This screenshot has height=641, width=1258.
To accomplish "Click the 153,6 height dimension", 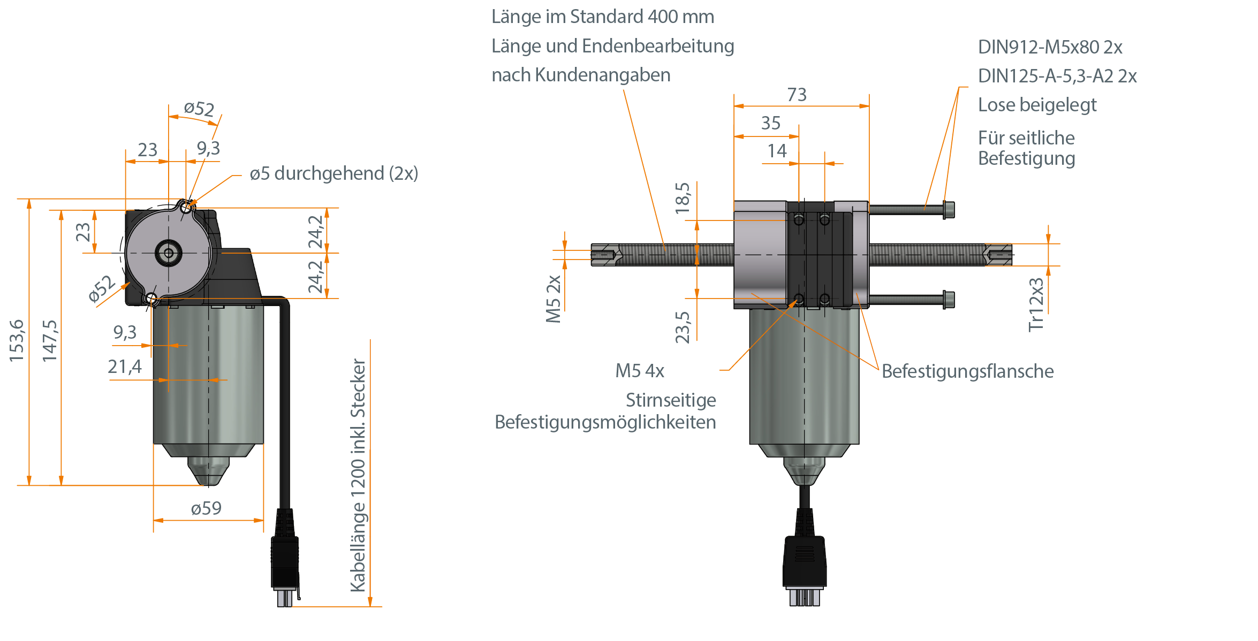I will (17, 340).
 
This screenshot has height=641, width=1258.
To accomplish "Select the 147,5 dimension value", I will (50, 340).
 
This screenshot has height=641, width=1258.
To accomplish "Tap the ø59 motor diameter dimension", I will (206, 508).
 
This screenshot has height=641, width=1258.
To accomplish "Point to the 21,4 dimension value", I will (125, 367).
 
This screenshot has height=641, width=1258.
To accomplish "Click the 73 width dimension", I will (797, 95).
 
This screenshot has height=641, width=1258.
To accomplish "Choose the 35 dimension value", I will (771, 124).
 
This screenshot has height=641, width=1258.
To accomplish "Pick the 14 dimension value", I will (777, 151).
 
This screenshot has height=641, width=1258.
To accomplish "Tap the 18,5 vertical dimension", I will (683, 198).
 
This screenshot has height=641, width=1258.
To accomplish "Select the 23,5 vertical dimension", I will (683, 327).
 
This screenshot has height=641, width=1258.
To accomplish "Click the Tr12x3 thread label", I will (1036, 305).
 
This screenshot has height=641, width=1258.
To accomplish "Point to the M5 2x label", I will (554, 299).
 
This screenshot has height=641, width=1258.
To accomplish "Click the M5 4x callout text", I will (640, 371).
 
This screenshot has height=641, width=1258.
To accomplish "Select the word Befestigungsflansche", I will (967, 371).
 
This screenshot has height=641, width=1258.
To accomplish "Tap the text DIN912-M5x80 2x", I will (1050, 48).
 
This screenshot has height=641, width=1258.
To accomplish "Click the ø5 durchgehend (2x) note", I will (334, 174).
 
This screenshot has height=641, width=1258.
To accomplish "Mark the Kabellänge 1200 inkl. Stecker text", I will (358, 475).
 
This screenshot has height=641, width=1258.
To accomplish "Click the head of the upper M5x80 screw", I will (949, 209).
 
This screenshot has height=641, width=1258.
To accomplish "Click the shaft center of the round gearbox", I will (169, 253).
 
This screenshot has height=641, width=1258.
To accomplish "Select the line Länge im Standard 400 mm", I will (603, 17).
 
